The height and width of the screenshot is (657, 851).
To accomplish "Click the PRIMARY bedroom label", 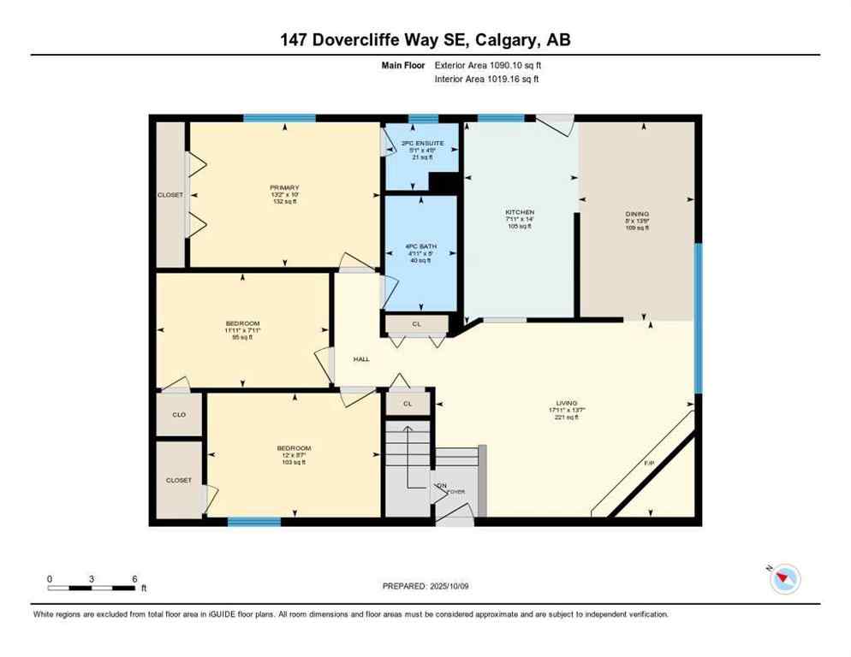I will click(x=284, y=187).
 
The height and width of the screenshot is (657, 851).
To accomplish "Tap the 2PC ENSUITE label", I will click(x=420, y=143).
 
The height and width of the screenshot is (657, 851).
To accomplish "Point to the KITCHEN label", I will click(x=520, y=212).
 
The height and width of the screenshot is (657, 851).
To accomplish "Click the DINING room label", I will click(x=637, y=214).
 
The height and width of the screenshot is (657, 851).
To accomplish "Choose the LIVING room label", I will click(x=567, y=403).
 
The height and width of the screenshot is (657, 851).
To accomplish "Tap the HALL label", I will click(x=361, y=359).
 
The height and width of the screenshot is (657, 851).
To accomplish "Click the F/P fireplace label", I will click(x=650, y=464).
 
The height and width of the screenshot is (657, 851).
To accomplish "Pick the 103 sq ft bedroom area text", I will click(x=293, y=463).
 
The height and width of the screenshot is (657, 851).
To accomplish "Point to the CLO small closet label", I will click(x=179, y=415).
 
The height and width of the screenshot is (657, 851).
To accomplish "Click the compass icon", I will click(x=784, y=579).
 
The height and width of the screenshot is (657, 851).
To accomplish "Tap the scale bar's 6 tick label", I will click(x=134, y=578).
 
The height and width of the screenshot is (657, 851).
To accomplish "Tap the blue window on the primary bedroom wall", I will click(x=279, y=118).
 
